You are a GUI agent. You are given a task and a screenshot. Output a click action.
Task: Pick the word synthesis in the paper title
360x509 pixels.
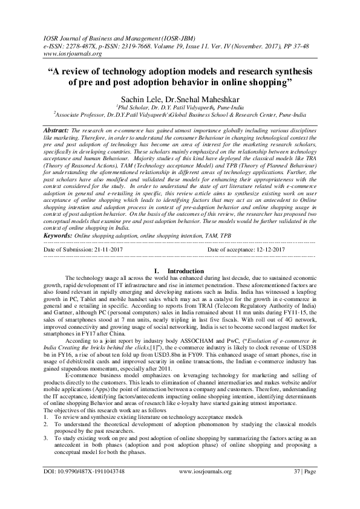(283, 68)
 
